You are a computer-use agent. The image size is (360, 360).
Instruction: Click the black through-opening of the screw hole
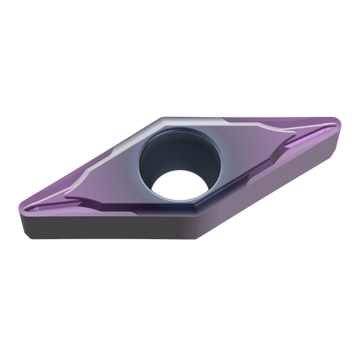coord(178,188)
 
